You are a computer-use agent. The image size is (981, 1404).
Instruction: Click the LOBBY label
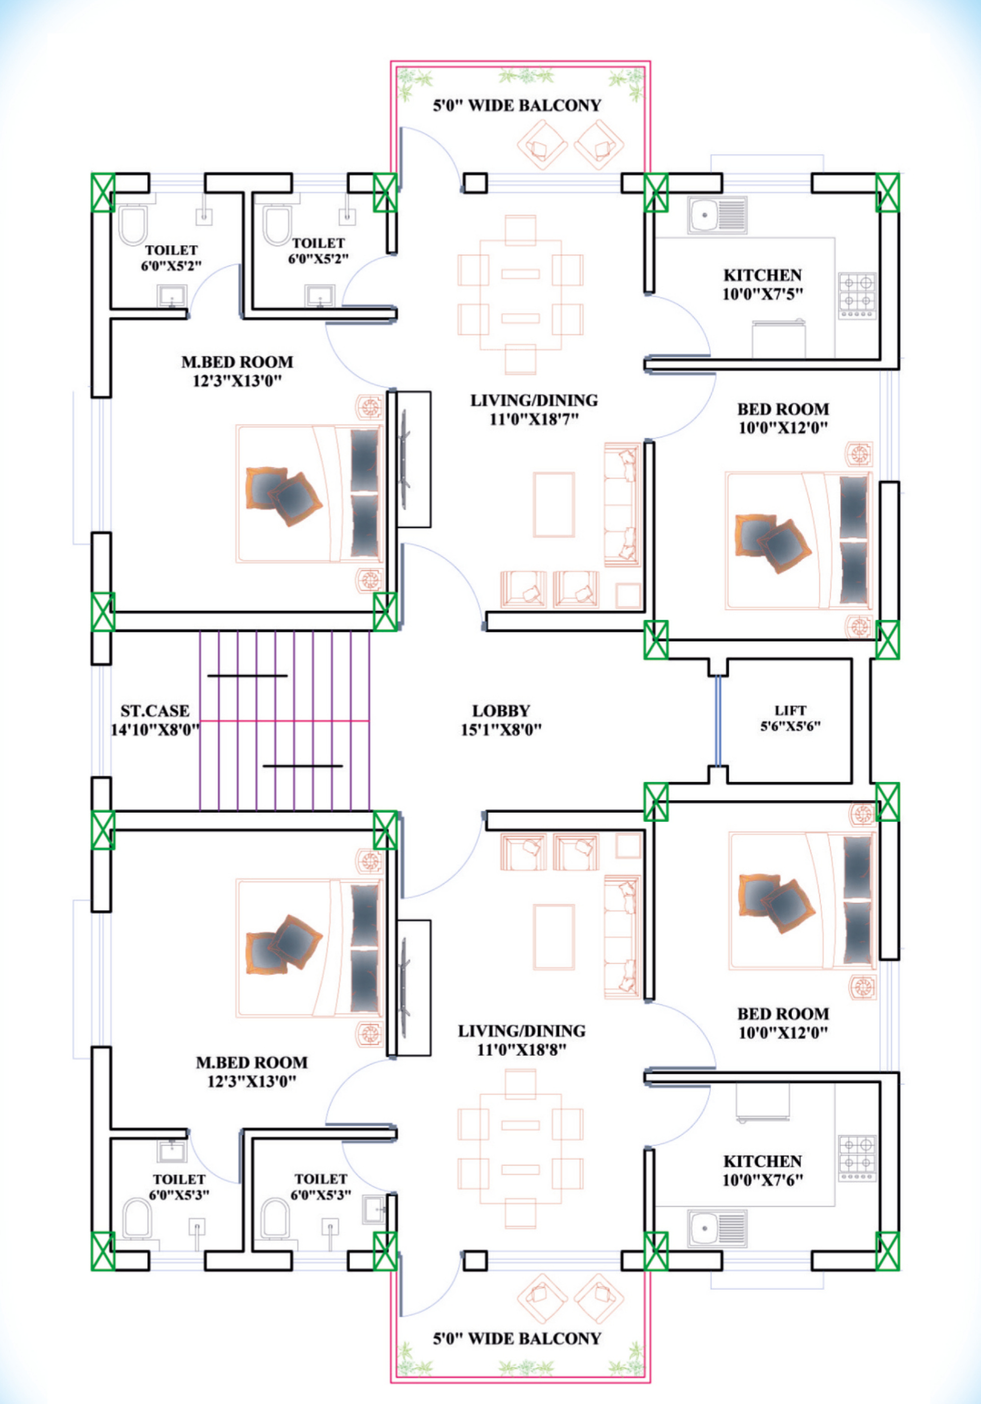click(x=501, y=711)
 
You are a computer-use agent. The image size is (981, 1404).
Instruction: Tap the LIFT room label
click(x=790, y=710)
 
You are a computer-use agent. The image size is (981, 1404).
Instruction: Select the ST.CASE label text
click(x=155, y=711)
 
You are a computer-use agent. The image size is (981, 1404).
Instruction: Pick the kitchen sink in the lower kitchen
click(x=717, y=1228)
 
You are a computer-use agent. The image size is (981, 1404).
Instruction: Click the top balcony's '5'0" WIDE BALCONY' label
click(x=517, y=106)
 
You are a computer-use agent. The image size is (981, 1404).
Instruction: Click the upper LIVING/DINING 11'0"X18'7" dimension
click(x=534, y=419)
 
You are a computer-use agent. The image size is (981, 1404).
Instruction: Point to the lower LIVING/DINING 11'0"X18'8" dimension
click(x=522, y=1050)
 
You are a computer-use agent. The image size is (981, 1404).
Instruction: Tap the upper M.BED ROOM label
click(x=237, y=362)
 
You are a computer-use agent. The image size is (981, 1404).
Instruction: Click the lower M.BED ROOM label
click(x=252, y=1062)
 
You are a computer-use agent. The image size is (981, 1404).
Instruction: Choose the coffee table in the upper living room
click(x=553, y=504)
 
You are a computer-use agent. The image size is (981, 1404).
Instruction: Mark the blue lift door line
click(x=718, y=721)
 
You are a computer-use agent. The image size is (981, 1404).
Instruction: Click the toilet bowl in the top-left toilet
click(x=132, y=225)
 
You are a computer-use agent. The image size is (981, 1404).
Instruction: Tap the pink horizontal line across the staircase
click(x=284, y=721)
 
